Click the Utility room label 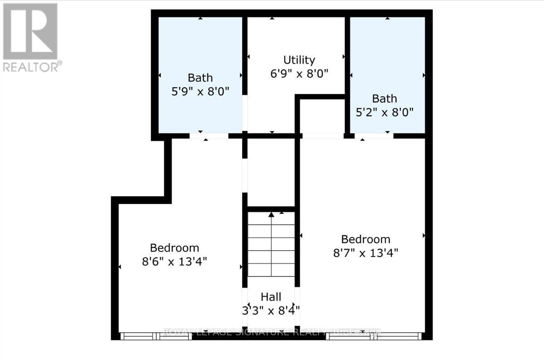pyautogui.click(x=299, y=60)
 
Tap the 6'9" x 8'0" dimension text pyautogui.click(x=299, y=73)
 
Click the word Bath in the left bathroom pyautogui.click(x=200, y=78)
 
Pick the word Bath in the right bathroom pyautogui.click(x=385, y=99)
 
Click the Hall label pyautogui.click(x=271, y=297)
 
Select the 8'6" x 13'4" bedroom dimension pyautogui.click(x=175, y=261)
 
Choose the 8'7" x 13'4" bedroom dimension pyautogui.click(x=366, y=252)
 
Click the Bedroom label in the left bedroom pyautogui.click(x=175, y=248)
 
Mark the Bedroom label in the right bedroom pyautogui.click(x=366, y=239)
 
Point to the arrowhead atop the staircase pyautogui.click(x=271, y=214)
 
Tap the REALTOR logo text pyautogui.click(x=32, y=67)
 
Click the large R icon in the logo pyautogui.click(x=30, y=31)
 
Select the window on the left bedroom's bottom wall pyautogui.click(x=156, y=336)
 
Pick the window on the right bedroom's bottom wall pyautogui.click(x=374, y=336)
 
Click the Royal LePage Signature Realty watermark pyautogui.click(x=271, y=332)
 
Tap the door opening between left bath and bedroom pyautogui.click(x=209, y=136)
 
